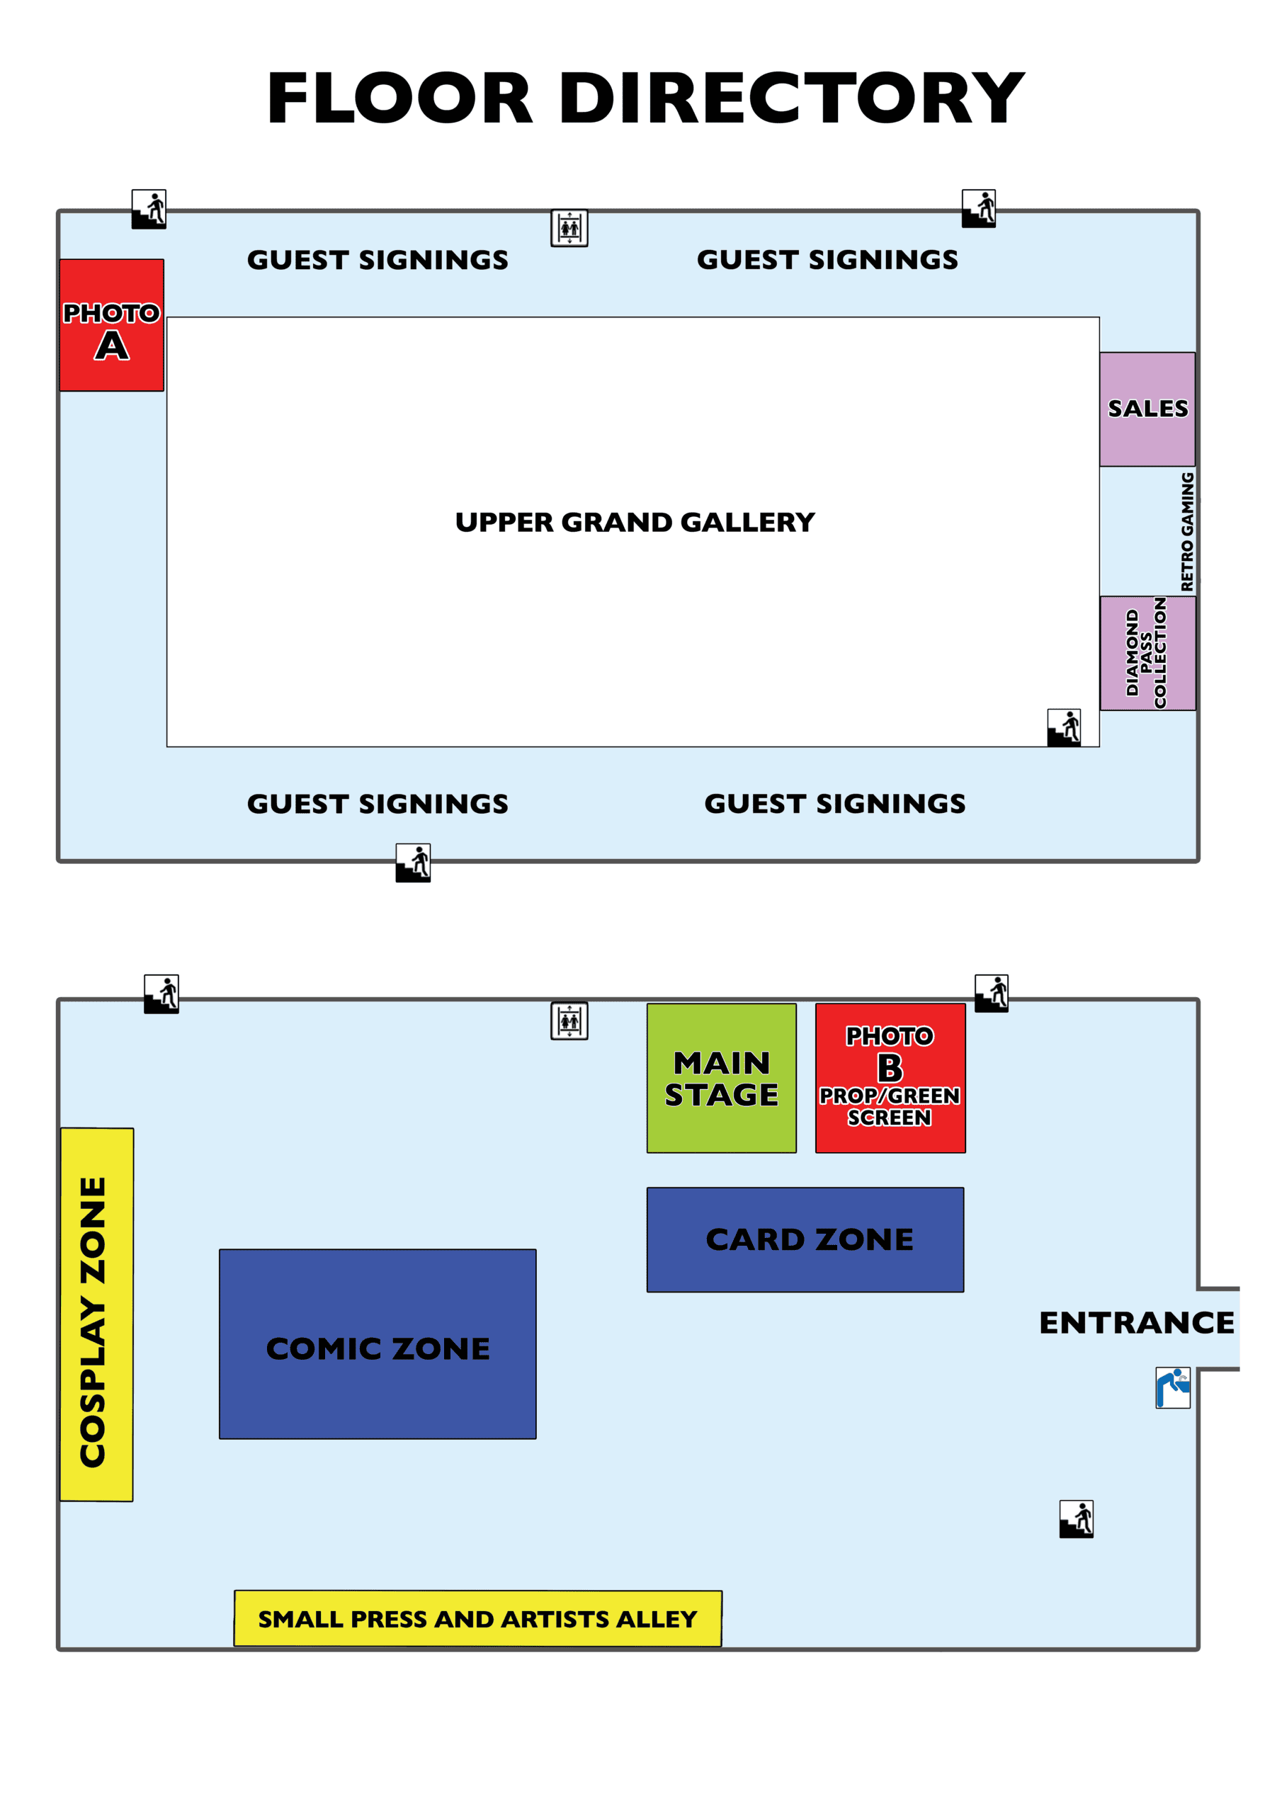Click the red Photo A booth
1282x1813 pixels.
(111, 325)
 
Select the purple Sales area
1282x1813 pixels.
(1147, 409)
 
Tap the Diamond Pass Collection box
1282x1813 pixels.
(1147, 653)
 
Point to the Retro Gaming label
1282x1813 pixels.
(1186, 531)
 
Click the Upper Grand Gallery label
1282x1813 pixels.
(635, 522)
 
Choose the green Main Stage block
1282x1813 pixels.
(721, 1078)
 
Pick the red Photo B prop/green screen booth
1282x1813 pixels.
(890, 1078)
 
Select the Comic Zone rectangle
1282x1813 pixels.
(378, 1344)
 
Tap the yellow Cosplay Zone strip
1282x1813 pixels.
(96, 1314)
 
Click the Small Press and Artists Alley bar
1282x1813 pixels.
(478, 1619)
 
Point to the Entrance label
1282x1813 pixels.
(1136, 1323)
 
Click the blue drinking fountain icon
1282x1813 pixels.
(1173, 1387)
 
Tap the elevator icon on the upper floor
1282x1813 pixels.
(569, 228)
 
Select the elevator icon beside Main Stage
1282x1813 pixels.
(569, 1021)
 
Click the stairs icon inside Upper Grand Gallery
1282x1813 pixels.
(1064, 727)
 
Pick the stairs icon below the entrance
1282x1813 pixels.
(1077, 1518)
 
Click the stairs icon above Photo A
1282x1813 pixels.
(149, 209)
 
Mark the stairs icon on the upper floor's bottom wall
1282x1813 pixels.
(413, 863)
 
